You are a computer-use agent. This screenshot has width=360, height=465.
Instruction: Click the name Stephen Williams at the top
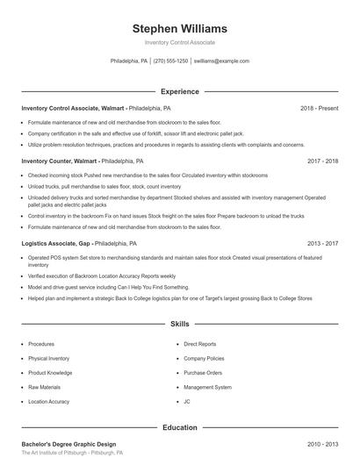(x=179, y=28)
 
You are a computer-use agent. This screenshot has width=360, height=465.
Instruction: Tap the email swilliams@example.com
(x=221, y=61)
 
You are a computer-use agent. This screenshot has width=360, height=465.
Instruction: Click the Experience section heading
(x=179, y=91)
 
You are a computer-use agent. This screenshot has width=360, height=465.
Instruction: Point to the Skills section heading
(x=179, y=324)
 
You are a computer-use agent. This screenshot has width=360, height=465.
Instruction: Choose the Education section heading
(x=179, y=427)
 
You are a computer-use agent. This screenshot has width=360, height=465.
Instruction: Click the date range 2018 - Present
(x=319, y=108)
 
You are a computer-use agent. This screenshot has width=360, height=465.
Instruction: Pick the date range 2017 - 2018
(x=323, y=161)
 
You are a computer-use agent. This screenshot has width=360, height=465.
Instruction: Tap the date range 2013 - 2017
(x=323, y=243)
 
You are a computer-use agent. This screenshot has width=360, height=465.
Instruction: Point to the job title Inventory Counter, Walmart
(x=59, y=161)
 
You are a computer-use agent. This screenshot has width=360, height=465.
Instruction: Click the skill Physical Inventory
(x=48, y=358)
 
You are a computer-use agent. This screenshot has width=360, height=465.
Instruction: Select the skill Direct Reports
(x=200, y=344)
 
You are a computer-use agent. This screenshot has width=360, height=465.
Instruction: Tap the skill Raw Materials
(x=44, y=386)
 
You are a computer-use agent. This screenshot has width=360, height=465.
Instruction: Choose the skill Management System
(x=207, y=386)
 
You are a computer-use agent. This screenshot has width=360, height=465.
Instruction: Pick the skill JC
(x=187, y=401)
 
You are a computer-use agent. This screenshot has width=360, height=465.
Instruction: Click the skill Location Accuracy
(x=48, y=401)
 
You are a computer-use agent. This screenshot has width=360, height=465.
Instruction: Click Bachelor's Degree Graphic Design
(x=68, y=445)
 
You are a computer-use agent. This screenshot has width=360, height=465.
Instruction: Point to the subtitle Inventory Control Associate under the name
(x=179, y=42)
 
